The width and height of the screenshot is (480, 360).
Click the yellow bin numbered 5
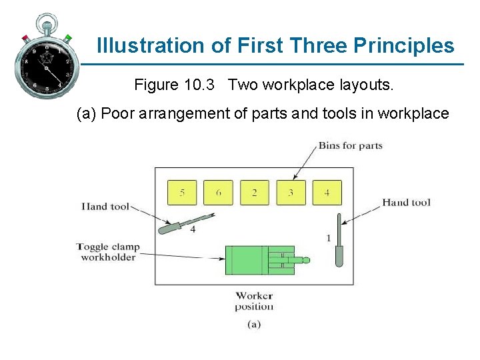(x=182, y=193)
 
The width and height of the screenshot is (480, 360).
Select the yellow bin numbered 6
(x=218, y=193)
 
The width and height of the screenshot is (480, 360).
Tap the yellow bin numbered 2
(x=255, y=193)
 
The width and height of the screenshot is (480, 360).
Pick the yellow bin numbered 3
(x=291, y=193)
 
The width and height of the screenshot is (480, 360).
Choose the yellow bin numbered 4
(x=327, y=193)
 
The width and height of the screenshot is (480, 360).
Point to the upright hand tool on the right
(x=339, y=240)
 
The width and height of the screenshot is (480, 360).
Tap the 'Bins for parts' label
(x=350, y=145)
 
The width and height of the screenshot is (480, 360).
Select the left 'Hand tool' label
(x=105, y=206)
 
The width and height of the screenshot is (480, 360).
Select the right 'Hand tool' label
(x=406, y=202)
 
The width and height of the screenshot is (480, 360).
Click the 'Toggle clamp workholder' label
(x=108, y=252)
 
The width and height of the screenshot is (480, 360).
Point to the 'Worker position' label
(x=254, y=301)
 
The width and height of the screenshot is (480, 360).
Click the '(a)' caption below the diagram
(x=254, y=325)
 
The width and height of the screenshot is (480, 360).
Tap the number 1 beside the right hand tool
(x=328, y=238)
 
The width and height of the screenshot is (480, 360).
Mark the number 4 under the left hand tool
(x=193, y=230)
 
